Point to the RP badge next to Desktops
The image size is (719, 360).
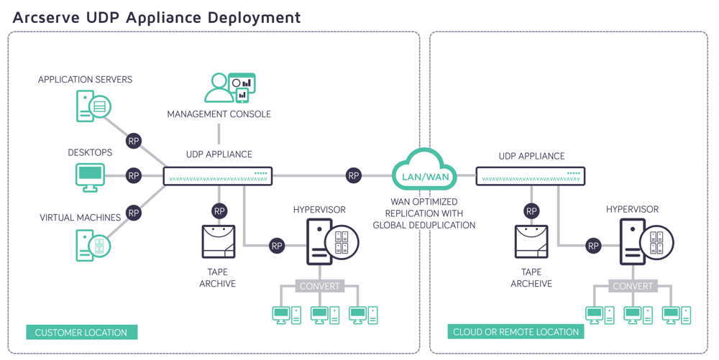133,175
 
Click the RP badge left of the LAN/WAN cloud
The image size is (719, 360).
353,175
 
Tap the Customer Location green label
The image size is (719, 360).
81,332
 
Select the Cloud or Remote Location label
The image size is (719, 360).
516,332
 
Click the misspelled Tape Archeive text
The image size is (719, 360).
531,278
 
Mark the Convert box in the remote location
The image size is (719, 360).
632,286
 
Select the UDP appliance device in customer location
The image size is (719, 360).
218,175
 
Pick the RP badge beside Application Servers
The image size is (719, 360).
133,141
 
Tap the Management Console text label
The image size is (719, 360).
219,114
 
